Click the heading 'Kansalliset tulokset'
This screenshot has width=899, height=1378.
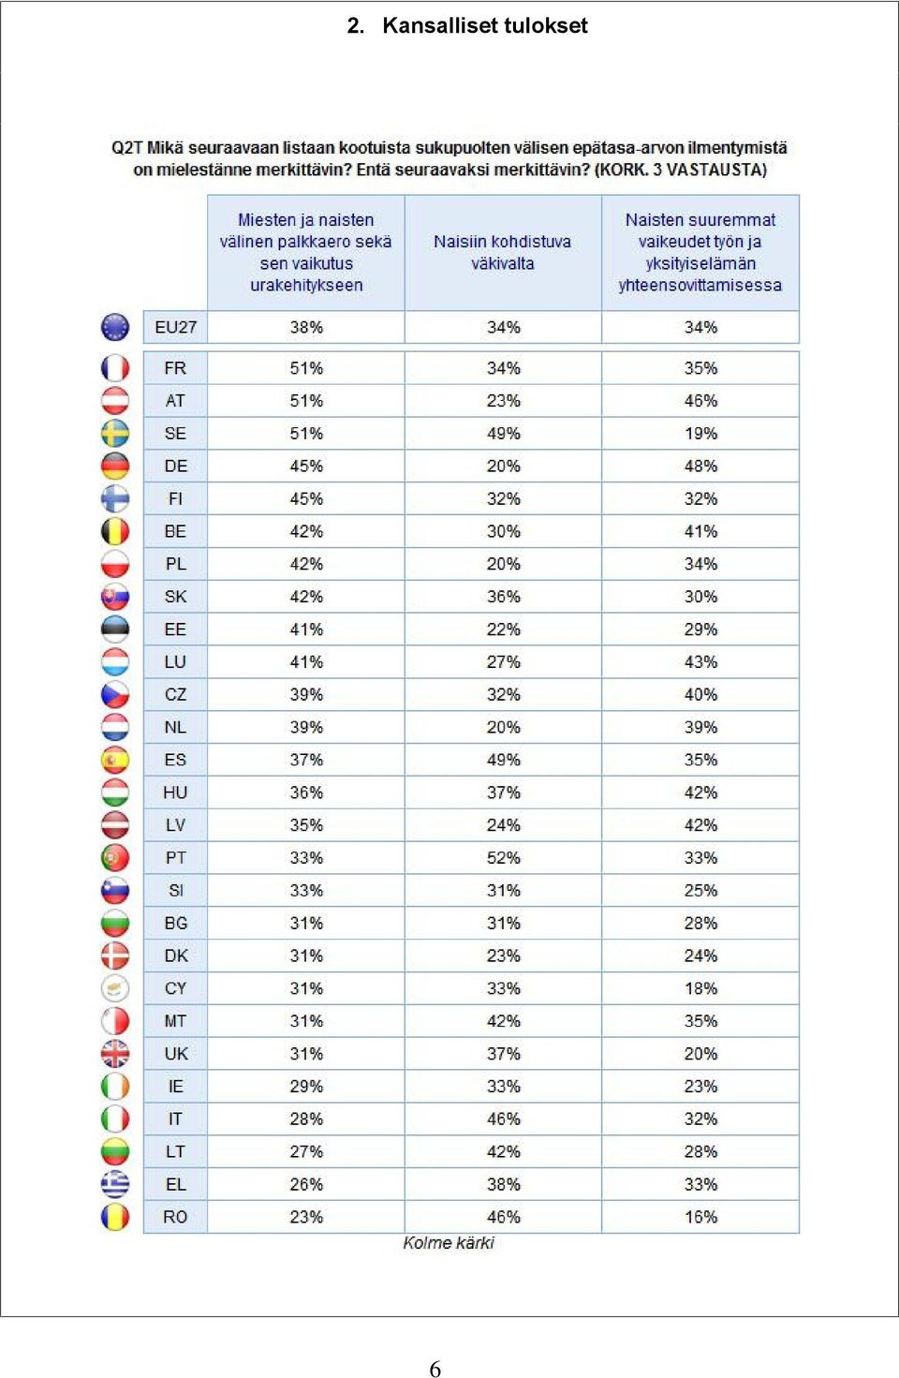[484, 25]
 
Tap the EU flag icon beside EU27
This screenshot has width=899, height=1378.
[115, 327]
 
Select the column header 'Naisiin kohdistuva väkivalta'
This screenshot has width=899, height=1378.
[502, 252]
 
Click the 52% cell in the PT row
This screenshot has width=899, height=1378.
[504, 857]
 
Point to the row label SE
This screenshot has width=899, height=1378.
[175, 433]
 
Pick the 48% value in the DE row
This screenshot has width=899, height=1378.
[700, 466]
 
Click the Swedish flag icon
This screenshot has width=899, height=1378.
[115, 433]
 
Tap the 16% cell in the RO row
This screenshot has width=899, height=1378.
[700, 1217]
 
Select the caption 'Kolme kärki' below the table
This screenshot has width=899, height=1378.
[449, 1243]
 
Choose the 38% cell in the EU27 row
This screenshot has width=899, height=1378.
[306, 327]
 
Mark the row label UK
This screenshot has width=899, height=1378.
[176, 1054]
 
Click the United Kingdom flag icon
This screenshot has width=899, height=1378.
[115, 1054]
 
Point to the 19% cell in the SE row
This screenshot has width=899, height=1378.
[700, 433]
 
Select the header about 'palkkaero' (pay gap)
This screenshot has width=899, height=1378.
[305, 252]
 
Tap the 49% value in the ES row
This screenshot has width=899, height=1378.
[504, 760]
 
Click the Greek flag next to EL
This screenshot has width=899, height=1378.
[115, 1184]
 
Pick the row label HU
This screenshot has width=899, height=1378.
[175, 793]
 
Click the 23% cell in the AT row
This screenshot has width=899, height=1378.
[504, 401]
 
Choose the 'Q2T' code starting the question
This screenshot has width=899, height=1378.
[126, 148]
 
